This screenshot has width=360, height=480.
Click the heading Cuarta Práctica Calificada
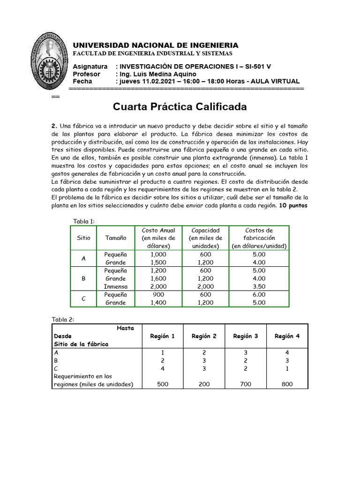tap(180, 107)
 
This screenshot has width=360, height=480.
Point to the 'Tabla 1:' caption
tap(84, 221)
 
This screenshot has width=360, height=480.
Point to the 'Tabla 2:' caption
tap(63, 320)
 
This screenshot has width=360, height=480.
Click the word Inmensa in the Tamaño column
tap(115, 286)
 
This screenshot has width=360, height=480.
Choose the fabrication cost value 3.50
tap(259, 286)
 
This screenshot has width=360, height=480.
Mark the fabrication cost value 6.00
tap(259, 294)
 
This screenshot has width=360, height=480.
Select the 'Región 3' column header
tap(246, 336)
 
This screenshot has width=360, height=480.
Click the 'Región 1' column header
tap(162, 336)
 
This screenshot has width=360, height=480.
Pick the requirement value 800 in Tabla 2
tap(287, 384)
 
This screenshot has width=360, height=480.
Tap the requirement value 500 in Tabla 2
tap(162, 384)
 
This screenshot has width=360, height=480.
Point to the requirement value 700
tap(246, 384)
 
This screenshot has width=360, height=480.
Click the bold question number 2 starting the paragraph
tap(54, 127)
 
